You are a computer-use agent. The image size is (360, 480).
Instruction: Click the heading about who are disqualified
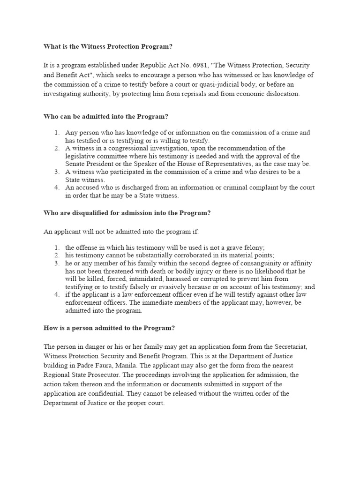tap(127, 213)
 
